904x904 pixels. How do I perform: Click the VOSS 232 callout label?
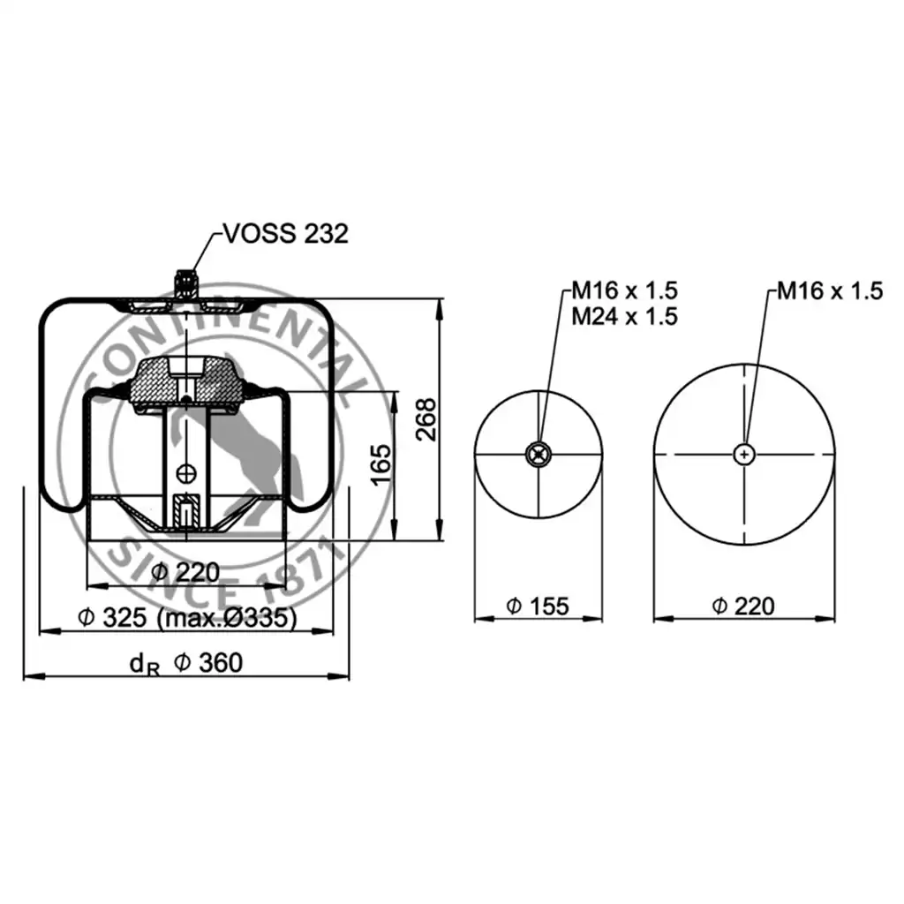tap(286, 234)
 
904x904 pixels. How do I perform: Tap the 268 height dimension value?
tap(426, 419)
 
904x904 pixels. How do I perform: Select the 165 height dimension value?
tap(380, 464)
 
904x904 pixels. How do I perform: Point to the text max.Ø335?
tap(228, 618)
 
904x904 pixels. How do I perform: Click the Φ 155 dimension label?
tap(538, 606)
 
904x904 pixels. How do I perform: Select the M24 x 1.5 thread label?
tap(624, 317)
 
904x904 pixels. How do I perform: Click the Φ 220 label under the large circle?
tap(743, 606)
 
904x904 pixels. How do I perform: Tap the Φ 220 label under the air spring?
tap(185, 572)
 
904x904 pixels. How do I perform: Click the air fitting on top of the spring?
tap(185, 283)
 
